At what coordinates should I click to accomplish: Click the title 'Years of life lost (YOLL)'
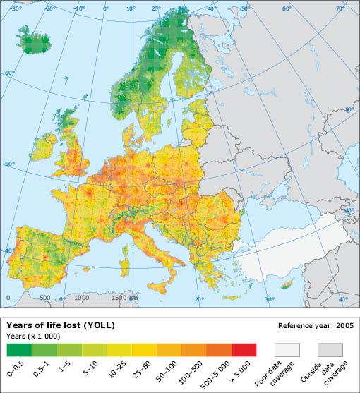point(61,325)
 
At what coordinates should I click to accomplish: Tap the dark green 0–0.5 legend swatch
point(19,349)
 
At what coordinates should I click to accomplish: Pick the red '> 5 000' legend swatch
point(243,349)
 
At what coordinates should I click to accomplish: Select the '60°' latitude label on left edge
point(8,73)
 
